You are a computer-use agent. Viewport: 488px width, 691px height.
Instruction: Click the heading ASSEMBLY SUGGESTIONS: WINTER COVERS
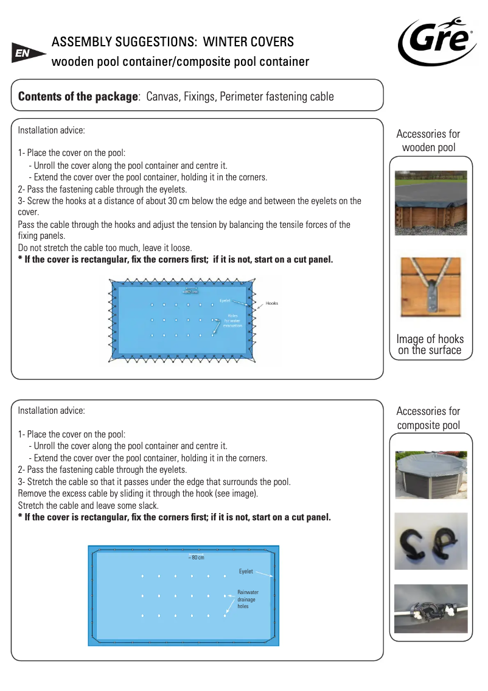[x=173, y=42]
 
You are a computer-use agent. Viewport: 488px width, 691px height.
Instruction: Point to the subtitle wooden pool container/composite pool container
[x=180, y=62]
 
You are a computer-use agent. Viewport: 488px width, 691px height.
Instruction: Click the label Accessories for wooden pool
[x=428, y=141]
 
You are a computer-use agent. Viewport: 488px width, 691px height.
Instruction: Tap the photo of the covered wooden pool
[x=431, y=203]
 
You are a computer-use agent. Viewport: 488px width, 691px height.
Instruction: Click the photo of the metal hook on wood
[x=431, y=286]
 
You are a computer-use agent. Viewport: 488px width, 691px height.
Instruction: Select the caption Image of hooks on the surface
[x=430, y=344]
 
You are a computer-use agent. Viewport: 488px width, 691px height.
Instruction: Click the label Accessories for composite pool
[x=428, y=418]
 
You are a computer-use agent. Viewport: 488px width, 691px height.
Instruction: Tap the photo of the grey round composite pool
[x=431, y=475]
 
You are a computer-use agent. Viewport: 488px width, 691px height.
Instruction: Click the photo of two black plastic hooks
[x=431, y=541]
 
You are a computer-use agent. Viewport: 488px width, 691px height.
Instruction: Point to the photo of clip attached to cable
[x=431, y=609]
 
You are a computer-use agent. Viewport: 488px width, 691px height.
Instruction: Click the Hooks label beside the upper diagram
[x=272, y=303]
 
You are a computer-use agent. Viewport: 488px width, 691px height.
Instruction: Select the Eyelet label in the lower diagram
[x=246, y=572]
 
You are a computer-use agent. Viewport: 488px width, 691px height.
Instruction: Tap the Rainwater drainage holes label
[x=247, y=599]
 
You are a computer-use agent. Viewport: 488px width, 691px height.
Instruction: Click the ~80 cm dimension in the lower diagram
[x=196, y=558]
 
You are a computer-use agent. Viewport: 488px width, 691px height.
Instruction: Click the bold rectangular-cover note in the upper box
[x=176, y=260]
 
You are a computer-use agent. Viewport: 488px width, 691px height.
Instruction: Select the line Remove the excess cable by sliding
[x=138, y=494]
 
